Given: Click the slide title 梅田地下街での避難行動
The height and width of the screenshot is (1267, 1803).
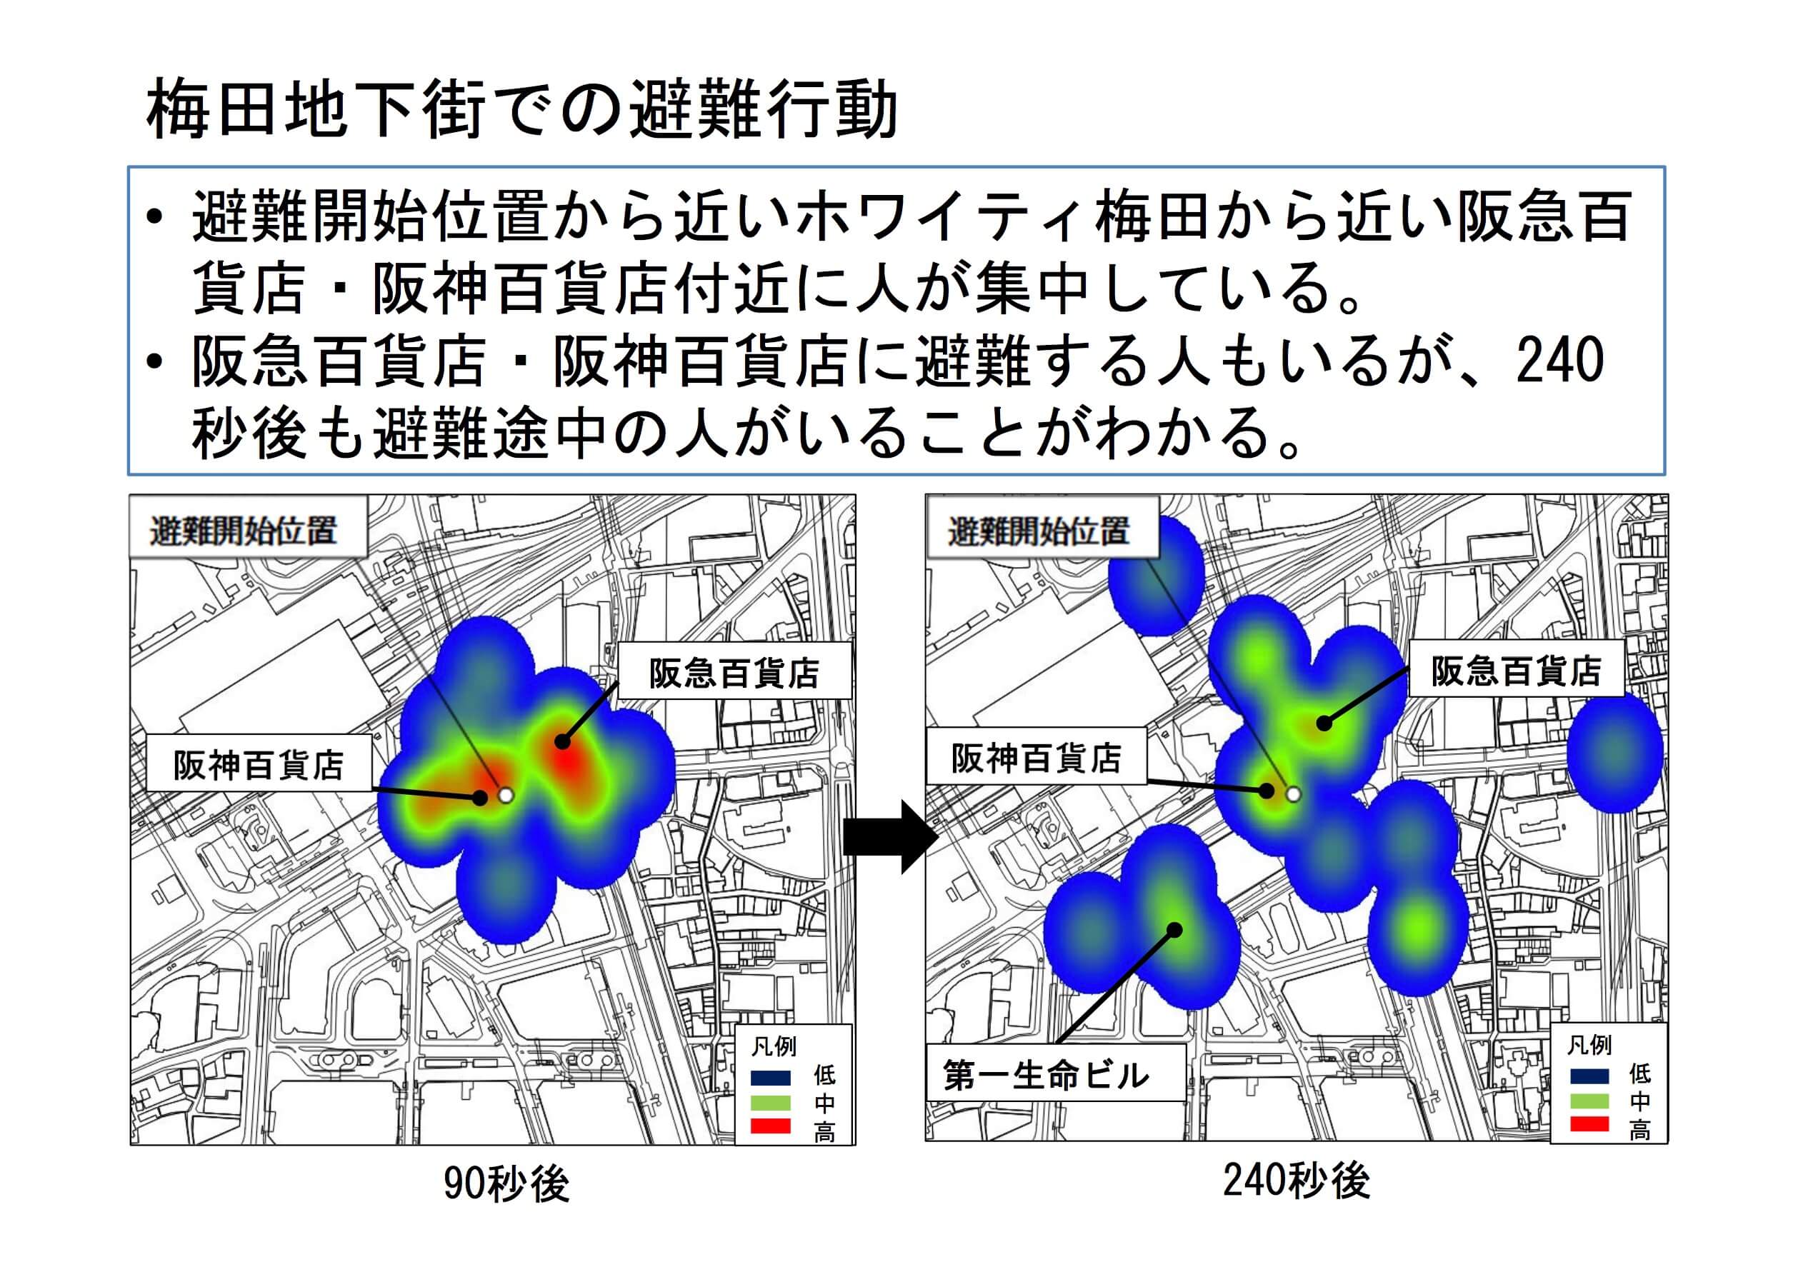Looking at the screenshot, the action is coord(522,109).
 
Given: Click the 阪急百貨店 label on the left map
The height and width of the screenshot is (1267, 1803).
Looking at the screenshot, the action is coord(734,672).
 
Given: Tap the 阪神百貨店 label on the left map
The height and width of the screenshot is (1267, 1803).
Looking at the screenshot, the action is coord(259,763).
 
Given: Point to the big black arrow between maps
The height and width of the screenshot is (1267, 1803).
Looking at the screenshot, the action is coord(891,837).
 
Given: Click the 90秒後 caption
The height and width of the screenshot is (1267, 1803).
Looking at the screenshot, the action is coord(506,1183).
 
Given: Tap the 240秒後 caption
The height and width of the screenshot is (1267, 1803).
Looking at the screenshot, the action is coord(1297,1180).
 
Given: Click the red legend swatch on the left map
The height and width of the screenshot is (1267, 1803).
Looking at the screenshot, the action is coord(770,1126).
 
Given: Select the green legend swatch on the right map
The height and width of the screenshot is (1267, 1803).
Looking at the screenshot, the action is coord(1589,1100).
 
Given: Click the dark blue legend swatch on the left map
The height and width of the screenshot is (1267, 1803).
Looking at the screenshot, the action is coord(770,1078).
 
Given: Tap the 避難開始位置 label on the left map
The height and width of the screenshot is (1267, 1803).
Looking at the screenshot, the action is coord(244,531).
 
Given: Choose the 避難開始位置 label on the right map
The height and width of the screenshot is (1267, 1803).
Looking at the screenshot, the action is coord(1038,531).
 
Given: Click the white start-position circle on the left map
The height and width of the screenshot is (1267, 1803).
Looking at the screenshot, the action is coord(506,795).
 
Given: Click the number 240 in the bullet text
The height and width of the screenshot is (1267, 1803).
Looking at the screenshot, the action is coord(1560,361).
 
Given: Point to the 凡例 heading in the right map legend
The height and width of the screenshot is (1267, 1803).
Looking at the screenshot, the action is coord(1589,1045).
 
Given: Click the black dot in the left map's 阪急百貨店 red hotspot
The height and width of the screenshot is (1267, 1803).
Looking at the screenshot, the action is coord(562,740).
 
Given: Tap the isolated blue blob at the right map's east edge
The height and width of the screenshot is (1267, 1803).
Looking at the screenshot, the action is coord(1614,752).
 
